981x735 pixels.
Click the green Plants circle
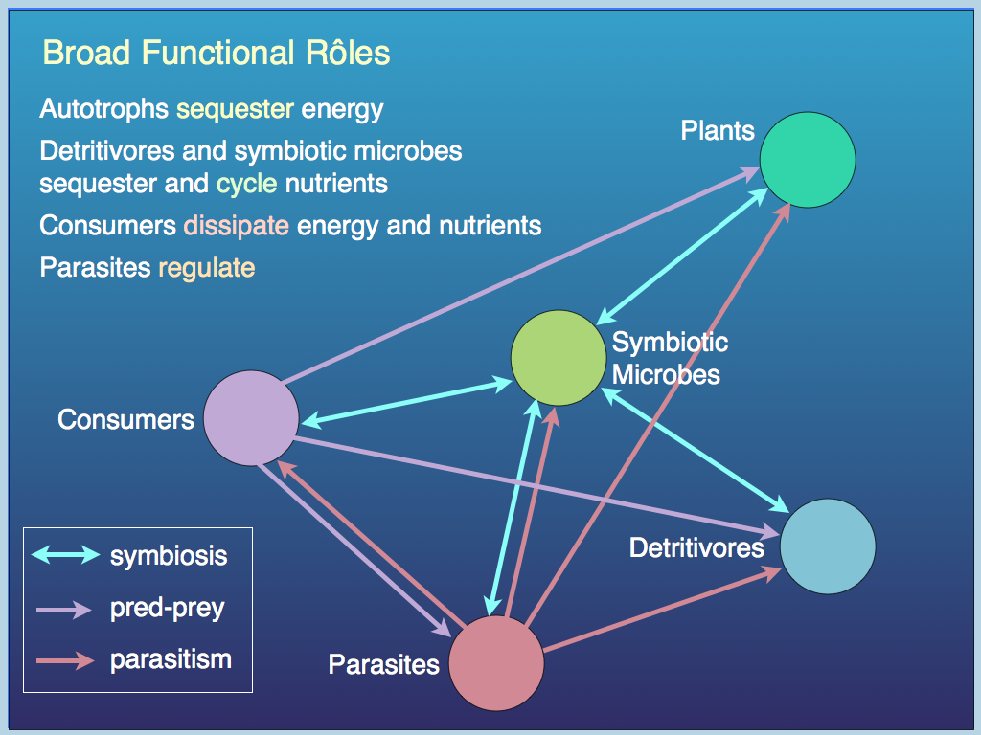pyautogui.click(x=808, y=160)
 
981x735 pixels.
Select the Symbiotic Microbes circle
pyautogui.click(x=559, y=358)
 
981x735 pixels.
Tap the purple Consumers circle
pyautogui.click(x=251, y=418)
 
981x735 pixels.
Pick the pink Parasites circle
pyautogui.click(x=496, y=663)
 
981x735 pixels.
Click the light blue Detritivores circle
pyautogui.click(x=828, y=546)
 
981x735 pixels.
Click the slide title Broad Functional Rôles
pyautogui.click(x=217, y=53)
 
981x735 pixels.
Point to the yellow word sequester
pyautogui.click(x=235, y=109)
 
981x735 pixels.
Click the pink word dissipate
pyautogui.click(x=236, y=226)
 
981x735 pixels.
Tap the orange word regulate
pyautogui.click(x=206, y=267)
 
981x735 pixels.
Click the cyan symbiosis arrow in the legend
pyautogui.click(x=65, y=554)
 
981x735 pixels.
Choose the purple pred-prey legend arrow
pyautogui.click(x=65, y=608)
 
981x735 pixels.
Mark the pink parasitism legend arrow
pyautogui.click(x=65, y=659)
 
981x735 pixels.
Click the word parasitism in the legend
pyautogui.click(x=171, y=659)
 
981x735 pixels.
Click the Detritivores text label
pyautogui.click(x=696, y=546)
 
